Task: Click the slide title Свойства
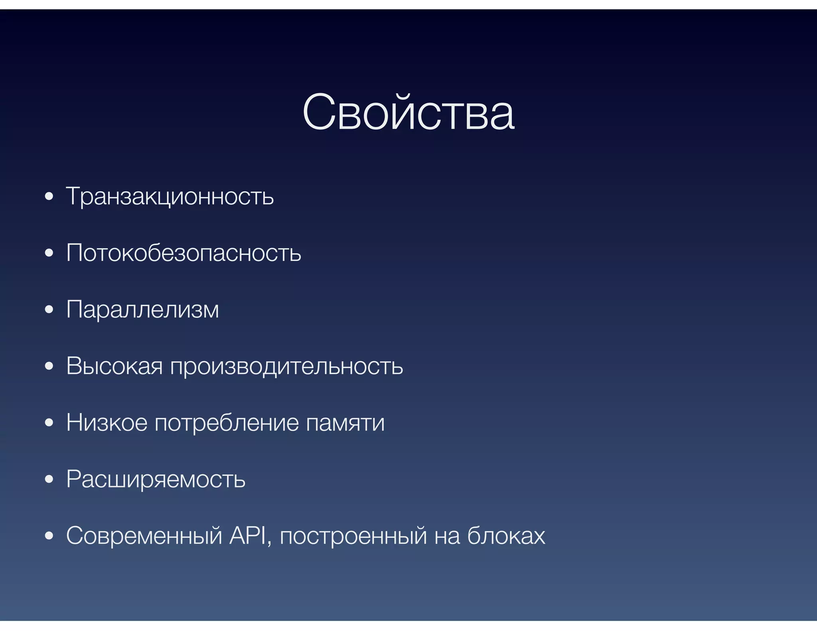pyautogui.click(x=408, y=113)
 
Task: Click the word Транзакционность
pyautogui.click(x=170, y=197)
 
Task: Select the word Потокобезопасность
pyautogui.click(x=184, y=253)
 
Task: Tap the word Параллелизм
pyautogui.click(x=142, y=310)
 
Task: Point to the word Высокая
pyautogui.click(x=114, y=366)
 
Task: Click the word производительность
pyautogui.click(x=286, y=367)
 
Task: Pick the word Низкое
pyautogui.click(x=107, y=422)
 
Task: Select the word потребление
pyautogui.click(x=226, y=423)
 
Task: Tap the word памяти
pyautogui.click(x=345, y=423)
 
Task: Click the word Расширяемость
pyautogui.click(x=156, y=479)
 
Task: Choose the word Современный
pyautogui.click(x=144, y=536)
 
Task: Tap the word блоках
pyautogui.click(x=506, y=536)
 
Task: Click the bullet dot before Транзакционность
pyautogui.click(x=49, y=197)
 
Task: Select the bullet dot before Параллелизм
pyautogui.click(x=49, y=310)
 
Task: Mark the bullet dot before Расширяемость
pyautogui.click(x=49, y=479)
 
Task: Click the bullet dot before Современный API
pyautogui.click(x=49, y=536)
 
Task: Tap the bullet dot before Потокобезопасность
pyautogui.click(x=49, y=253)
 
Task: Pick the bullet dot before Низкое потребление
pyautogui.click(x=49, y=423)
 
